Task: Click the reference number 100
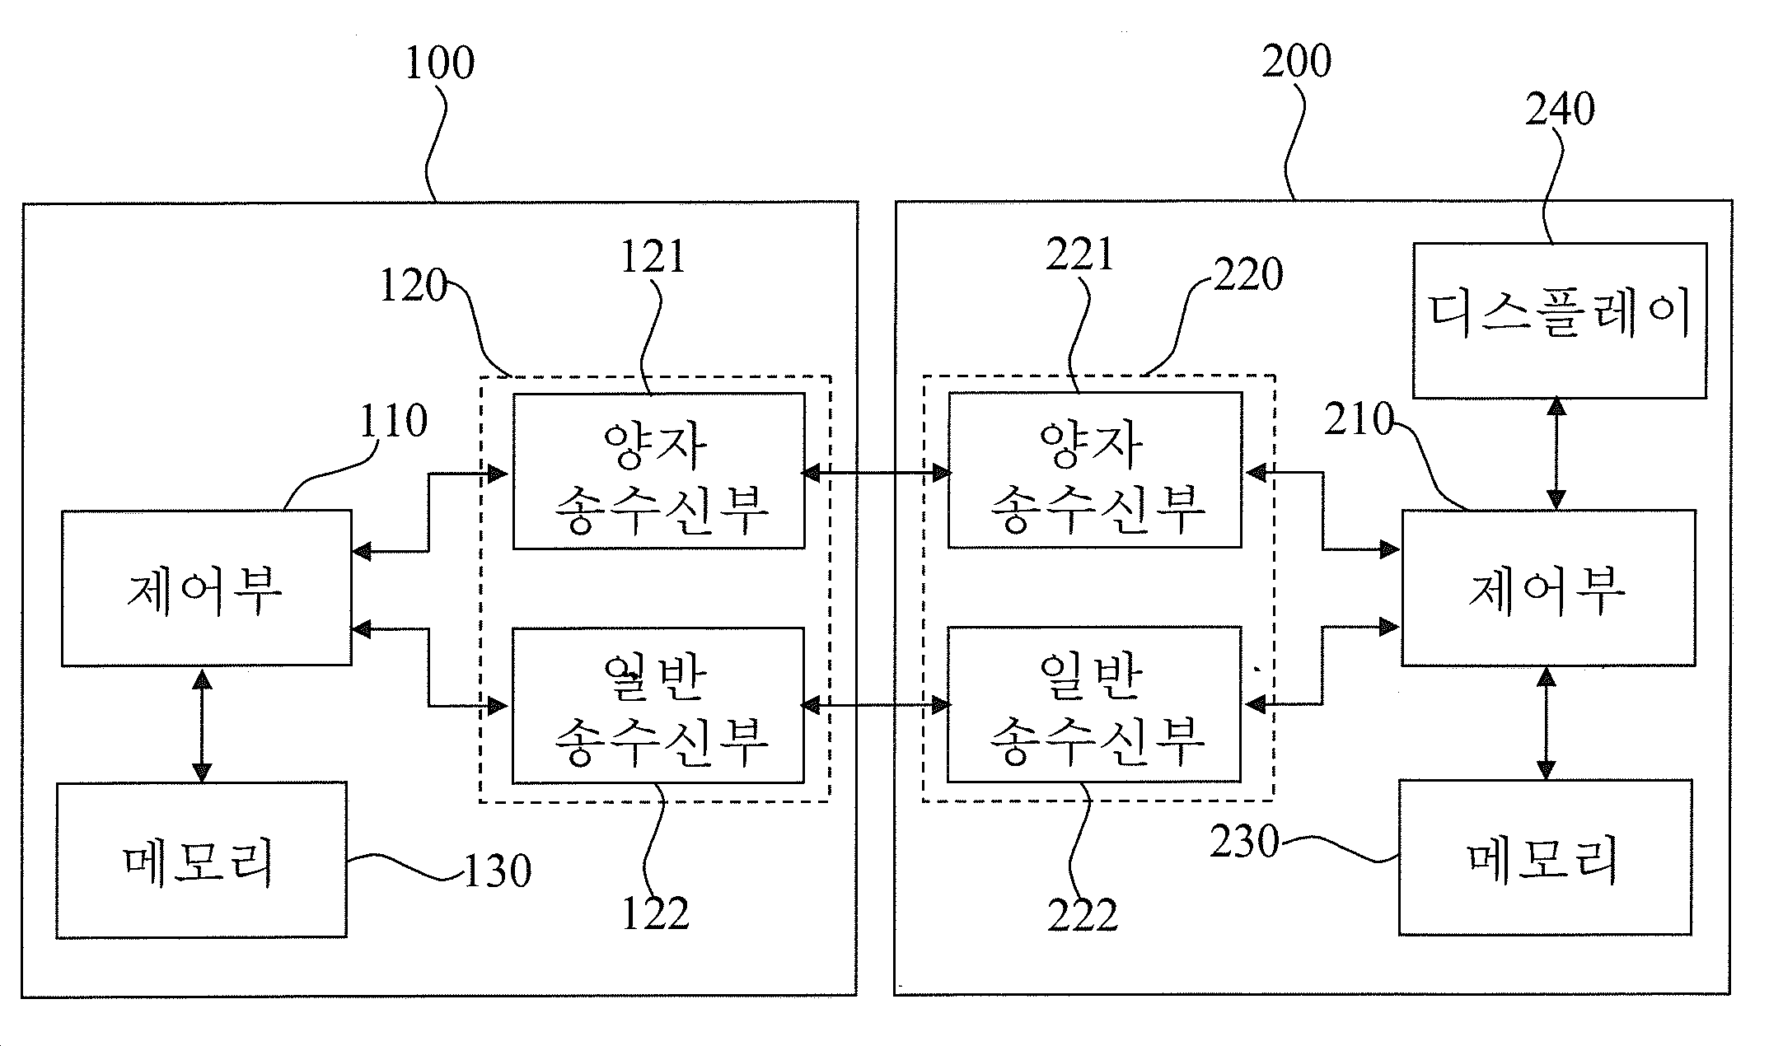click(x=440, y=64)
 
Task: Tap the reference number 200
click(x=1297, y=62)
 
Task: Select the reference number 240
click(x=1560, y=110)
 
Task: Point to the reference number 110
click(x=393, y=421)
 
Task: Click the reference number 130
click(x=498, y=871)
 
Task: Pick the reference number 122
click(x=656, y=913)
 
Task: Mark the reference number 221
click(x=1080, y=254)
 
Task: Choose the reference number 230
click(x=1244, y=843)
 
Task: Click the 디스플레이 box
click(x=1560, y=320)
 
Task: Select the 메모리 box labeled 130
click(x=201, y=860)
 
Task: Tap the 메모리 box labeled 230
click(x=1546, y=857)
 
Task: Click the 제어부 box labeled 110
click(x=207, y=588)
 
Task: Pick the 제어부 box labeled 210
click(x=1549, y=588)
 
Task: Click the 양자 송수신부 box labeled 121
click(x=658, y=471)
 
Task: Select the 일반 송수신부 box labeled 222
click(x=1094, y=704)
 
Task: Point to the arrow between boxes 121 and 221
click(x=877, y=473)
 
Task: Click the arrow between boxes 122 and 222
click(x=877, y=705)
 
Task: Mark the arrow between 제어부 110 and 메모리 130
click(x=202, y=724)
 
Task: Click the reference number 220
click(x=1248, y=274)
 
